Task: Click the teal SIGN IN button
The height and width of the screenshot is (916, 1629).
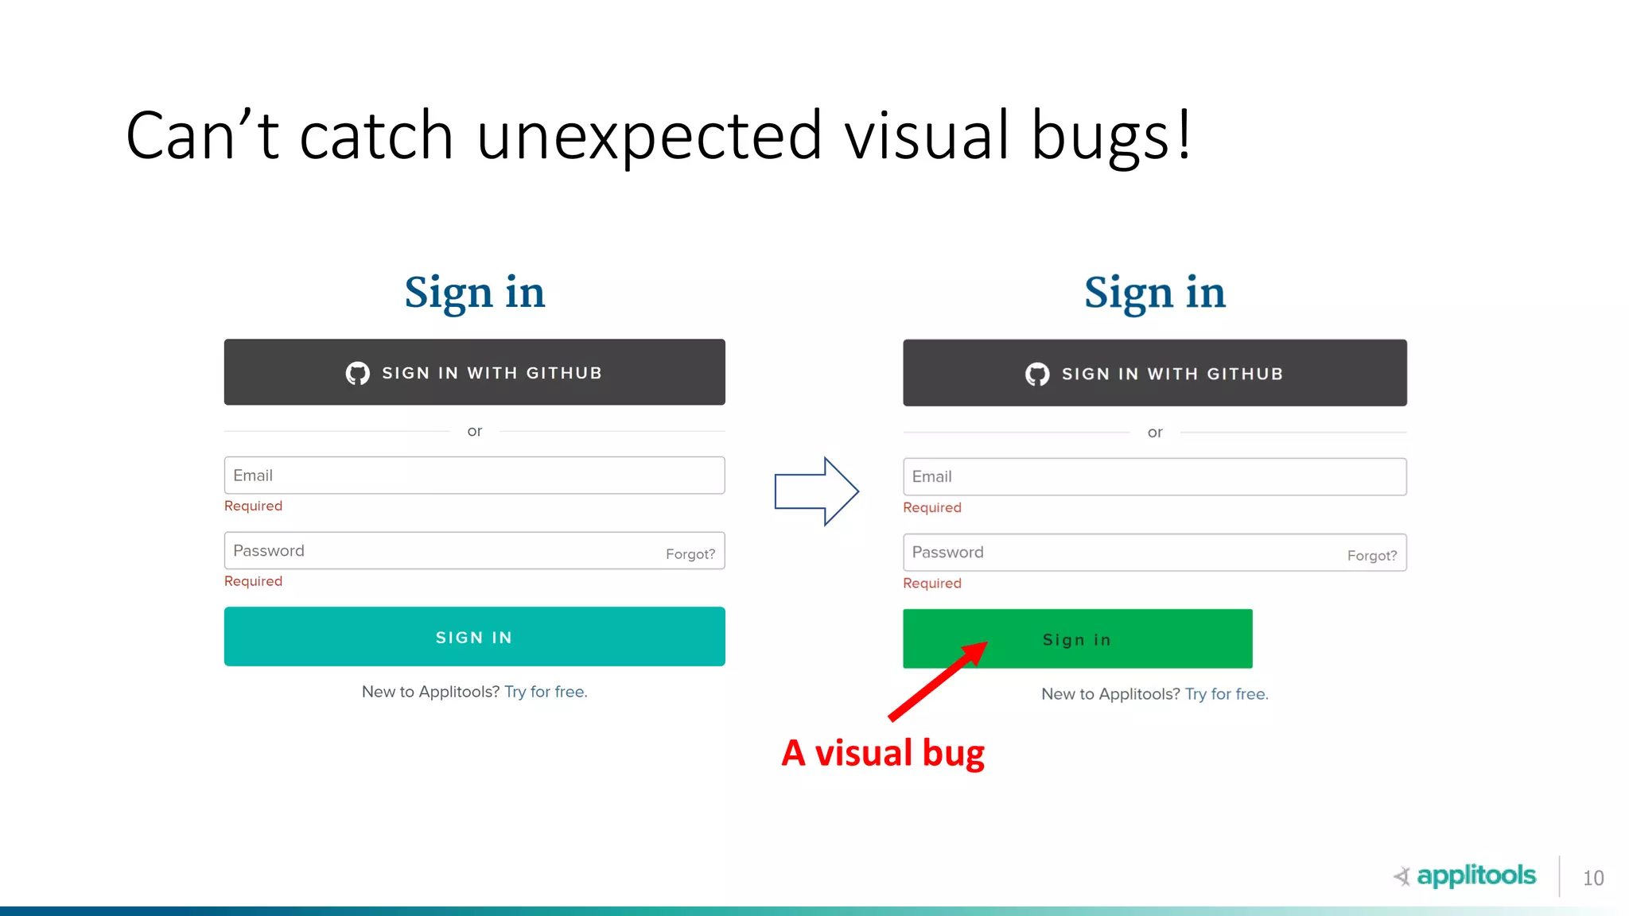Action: tap(474, 637)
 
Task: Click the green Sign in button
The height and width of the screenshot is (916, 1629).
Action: tap(1077, 639)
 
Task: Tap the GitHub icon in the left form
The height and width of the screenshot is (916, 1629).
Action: tap(358, 373)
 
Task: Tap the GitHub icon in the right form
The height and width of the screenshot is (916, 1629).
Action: tap(1037, 374)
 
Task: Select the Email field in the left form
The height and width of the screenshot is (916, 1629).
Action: tap(474, 475)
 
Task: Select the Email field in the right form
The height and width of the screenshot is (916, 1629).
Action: tap(1154, 477)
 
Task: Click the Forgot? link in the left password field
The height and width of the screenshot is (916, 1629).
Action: tap(690, 554)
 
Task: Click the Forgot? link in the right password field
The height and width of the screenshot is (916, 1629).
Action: tap(1371, 556)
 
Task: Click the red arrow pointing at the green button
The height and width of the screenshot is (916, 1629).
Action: tap(937, 681)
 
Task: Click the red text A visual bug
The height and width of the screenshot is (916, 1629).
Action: tap(883, 753)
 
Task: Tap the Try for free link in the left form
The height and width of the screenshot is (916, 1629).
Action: tap(546, 692)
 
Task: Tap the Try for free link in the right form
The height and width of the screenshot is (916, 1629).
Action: tap(1227, 694)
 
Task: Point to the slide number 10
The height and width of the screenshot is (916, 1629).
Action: tap(1592, 878)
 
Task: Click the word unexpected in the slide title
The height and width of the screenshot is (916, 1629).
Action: tap(649, 135)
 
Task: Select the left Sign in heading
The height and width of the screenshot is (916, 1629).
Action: tap(475, 293)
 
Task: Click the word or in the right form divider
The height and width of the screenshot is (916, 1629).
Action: tap(1155, 433)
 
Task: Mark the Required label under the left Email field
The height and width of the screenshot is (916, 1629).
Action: tap(253, 506)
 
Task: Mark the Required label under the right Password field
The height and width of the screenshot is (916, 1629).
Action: tap(932, 583)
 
